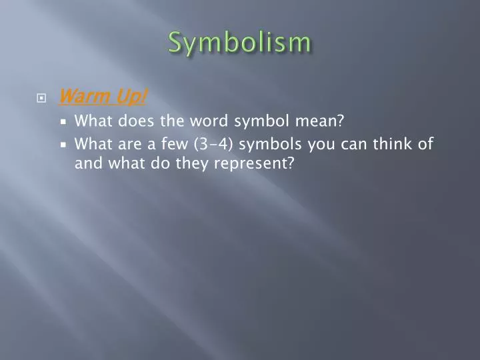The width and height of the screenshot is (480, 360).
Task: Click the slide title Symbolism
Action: pyautogui.click(x=239, y=42)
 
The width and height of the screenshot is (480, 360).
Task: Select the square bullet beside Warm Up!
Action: pyautogui.click(x=41, y=98)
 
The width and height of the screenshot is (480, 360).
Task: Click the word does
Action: pyautogui.click(x=135, y=121)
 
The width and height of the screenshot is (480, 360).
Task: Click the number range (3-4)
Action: pyautogui.click(x=215, y=143)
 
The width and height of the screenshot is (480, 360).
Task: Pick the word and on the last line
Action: pyautogui.click(x=86, y=163)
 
